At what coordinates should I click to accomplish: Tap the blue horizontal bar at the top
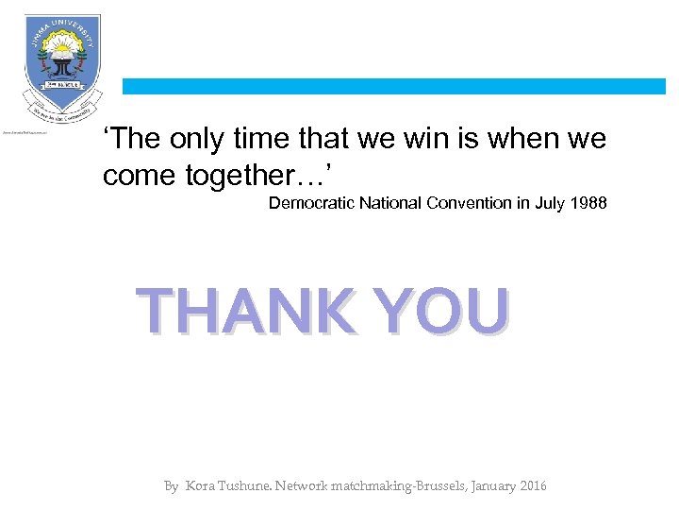394,86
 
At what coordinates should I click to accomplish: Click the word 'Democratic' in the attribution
310,203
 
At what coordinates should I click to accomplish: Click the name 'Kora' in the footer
200,486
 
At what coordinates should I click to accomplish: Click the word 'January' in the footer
485,486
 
